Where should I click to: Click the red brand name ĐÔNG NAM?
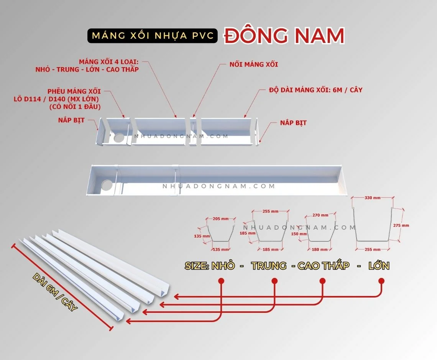click(284, 36)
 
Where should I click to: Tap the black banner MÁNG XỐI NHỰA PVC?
click(153, 36)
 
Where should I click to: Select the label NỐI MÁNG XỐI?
click(253, 64)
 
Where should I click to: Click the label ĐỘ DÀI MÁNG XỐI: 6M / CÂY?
click(315, 90)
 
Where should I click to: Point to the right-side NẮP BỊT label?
click(293, 123)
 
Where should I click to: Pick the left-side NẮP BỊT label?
click(71, 120)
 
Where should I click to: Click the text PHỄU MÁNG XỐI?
click(74, 91)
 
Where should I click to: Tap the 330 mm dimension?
click(372, 197)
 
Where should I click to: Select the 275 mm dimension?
click(401, 225)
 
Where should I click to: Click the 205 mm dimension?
click(220, 219)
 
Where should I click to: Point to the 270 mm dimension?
click(320, 215)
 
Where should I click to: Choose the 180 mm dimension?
click(319, 250)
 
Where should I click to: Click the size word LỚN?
click(379, 265)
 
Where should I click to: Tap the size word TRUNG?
click(269, 265)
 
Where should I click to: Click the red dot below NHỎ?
click(221, 281)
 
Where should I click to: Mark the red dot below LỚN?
click(381, 281)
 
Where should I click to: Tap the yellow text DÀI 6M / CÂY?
click(55, 293)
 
